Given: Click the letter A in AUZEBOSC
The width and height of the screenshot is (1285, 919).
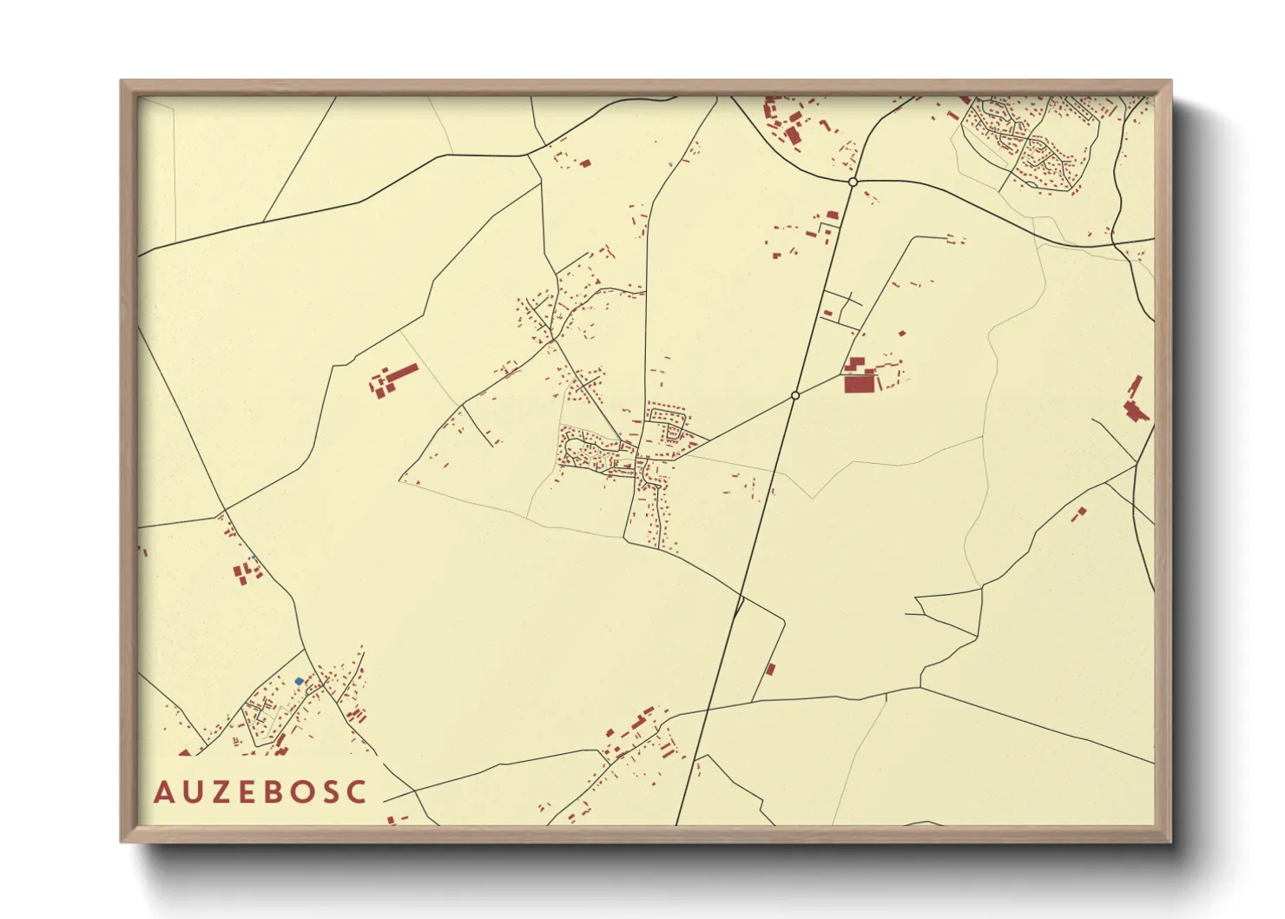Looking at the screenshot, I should click(163, 792).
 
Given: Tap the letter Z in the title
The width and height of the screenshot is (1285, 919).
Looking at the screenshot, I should click(219, 792).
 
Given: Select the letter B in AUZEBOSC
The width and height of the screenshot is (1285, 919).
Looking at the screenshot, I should click(273, 792).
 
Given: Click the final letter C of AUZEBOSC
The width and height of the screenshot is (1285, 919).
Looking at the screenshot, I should click(357, 792).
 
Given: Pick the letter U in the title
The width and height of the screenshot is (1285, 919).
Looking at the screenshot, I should click(191, 792).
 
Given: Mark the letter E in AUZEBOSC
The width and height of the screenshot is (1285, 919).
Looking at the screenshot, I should click(247, 792).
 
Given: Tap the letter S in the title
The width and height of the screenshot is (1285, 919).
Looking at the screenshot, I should click(330, 792).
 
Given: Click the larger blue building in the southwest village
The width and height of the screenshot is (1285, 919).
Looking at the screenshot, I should click(299, 681).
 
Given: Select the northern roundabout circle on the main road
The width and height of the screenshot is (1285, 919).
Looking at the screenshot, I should click(853, 182).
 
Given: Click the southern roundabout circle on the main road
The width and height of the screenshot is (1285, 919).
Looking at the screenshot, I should click(794, 395).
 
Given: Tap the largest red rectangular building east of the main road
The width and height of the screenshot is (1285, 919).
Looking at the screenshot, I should click(859, 382).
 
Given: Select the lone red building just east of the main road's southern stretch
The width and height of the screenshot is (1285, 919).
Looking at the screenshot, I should click(770, 669).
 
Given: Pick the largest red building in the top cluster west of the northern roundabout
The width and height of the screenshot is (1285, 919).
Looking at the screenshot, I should click(792, 136).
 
